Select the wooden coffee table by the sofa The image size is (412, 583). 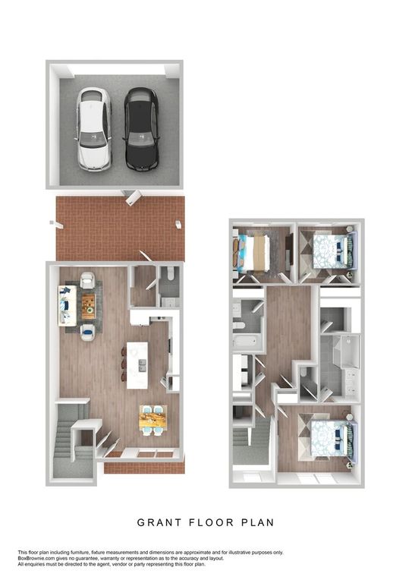pyautogui.click(x=89, y=305)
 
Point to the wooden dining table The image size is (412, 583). pyautogui.click(x=153, y=418)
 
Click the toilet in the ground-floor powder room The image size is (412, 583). pyautogui.click(x=171, y=272)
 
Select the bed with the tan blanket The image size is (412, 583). pyautogui.click(x=253, y=254)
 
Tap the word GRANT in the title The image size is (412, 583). pyautogui.click(x=158, y=522)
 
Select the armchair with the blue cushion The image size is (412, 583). pyautogui.click(x=88, y=330)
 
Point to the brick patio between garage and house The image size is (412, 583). pyautogui.click(x=119, y=226)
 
